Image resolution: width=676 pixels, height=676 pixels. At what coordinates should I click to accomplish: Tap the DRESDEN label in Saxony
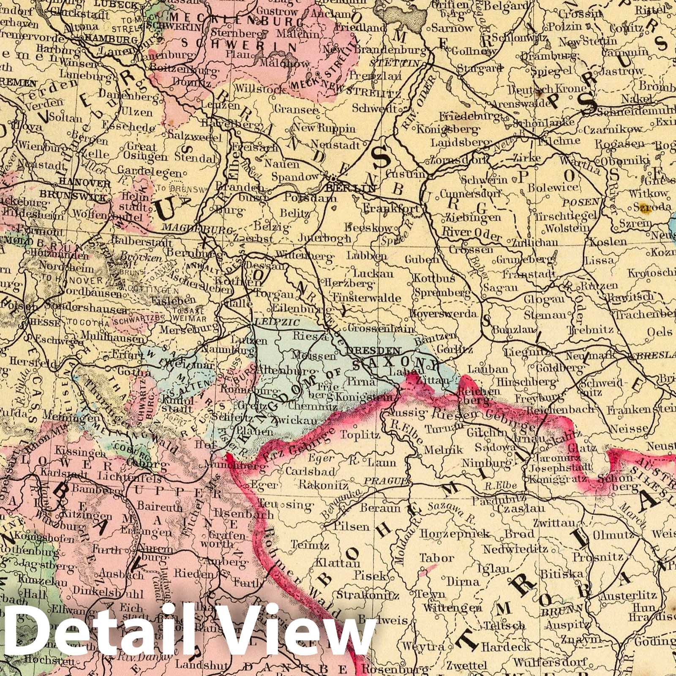click(373, 350)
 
